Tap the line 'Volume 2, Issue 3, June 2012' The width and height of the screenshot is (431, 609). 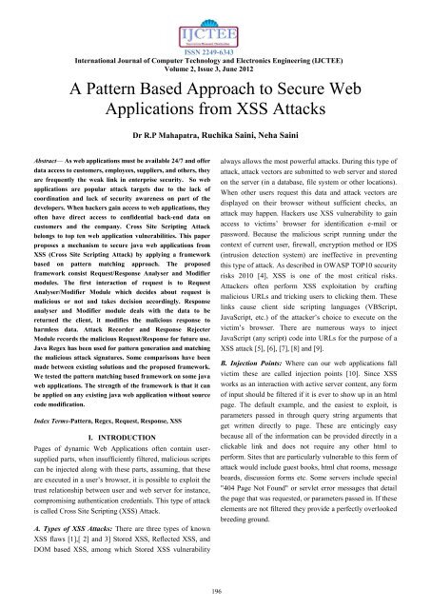click(x=215, y=54)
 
